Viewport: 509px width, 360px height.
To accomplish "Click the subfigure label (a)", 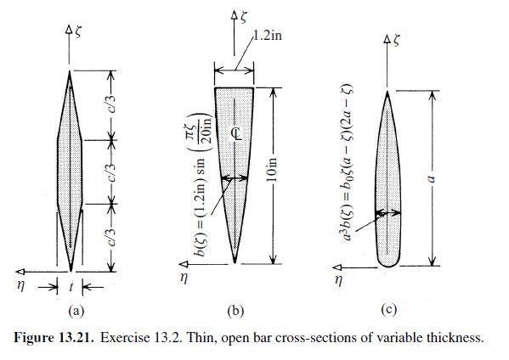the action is coord(76,311).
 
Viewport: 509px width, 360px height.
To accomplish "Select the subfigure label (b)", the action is coord(235,311).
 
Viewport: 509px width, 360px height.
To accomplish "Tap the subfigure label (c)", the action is coord(388,310).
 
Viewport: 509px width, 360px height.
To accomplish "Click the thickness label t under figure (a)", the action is coord(71,287).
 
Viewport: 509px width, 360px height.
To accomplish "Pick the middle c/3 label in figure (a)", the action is coord(111,172).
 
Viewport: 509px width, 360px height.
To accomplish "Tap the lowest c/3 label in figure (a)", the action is coord(111,237).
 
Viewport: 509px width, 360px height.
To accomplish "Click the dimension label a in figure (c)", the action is coord(432,178).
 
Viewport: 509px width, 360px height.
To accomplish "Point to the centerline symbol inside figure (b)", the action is coord(238,133).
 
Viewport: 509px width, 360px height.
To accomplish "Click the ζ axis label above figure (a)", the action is coord(78,32).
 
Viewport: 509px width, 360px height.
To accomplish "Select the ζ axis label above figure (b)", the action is coord(244,17).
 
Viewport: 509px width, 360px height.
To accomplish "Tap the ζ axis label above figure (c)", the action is coord(396,40).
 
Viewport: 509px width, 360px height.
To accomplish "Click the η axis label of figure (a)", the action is coord(20,286).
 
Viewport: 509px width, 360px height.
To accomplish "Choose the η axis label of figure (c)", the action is coord(338,280).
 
